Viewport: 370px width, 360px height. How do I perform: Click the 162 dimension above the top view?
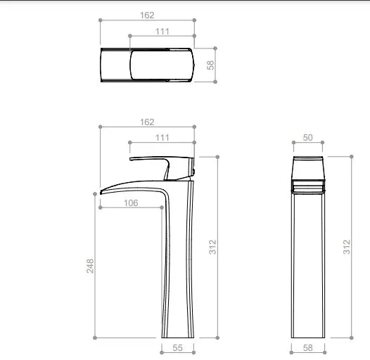(x=147, y=14)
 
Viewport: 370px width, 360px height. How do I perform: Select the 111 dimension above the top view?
(x=162, y=31)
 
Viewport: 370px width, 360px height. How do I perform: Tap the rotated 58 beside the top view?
(x=210, y=65)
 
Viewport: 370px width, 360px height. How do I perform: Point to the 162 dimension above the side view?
(x=147, y=122)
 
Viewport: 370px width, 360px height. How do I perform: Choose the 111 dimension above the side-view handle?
(x=162, y=137)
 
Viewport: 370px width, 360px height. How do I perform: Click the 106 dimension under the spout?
(x=130, y=202)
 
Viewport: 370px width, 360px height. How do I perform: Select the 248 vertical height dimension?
(x=90, y=265)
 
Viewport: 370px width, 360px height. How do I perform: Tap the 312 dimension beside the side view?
(x=212, y=247)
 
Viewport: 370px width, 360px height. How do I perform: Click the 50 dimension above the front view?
(x=307, y=138)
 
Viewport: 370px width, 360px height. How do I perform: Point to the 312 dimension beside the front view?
(x=346, y=247)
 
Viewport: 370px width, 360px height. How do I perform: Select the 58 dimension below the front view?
(x=307, y=348)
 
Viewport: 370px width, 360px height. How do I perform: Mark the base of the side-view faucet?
(x=177, y=333)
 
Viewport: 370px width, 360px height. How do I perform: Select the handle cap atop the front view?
(x=307, y=167)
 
